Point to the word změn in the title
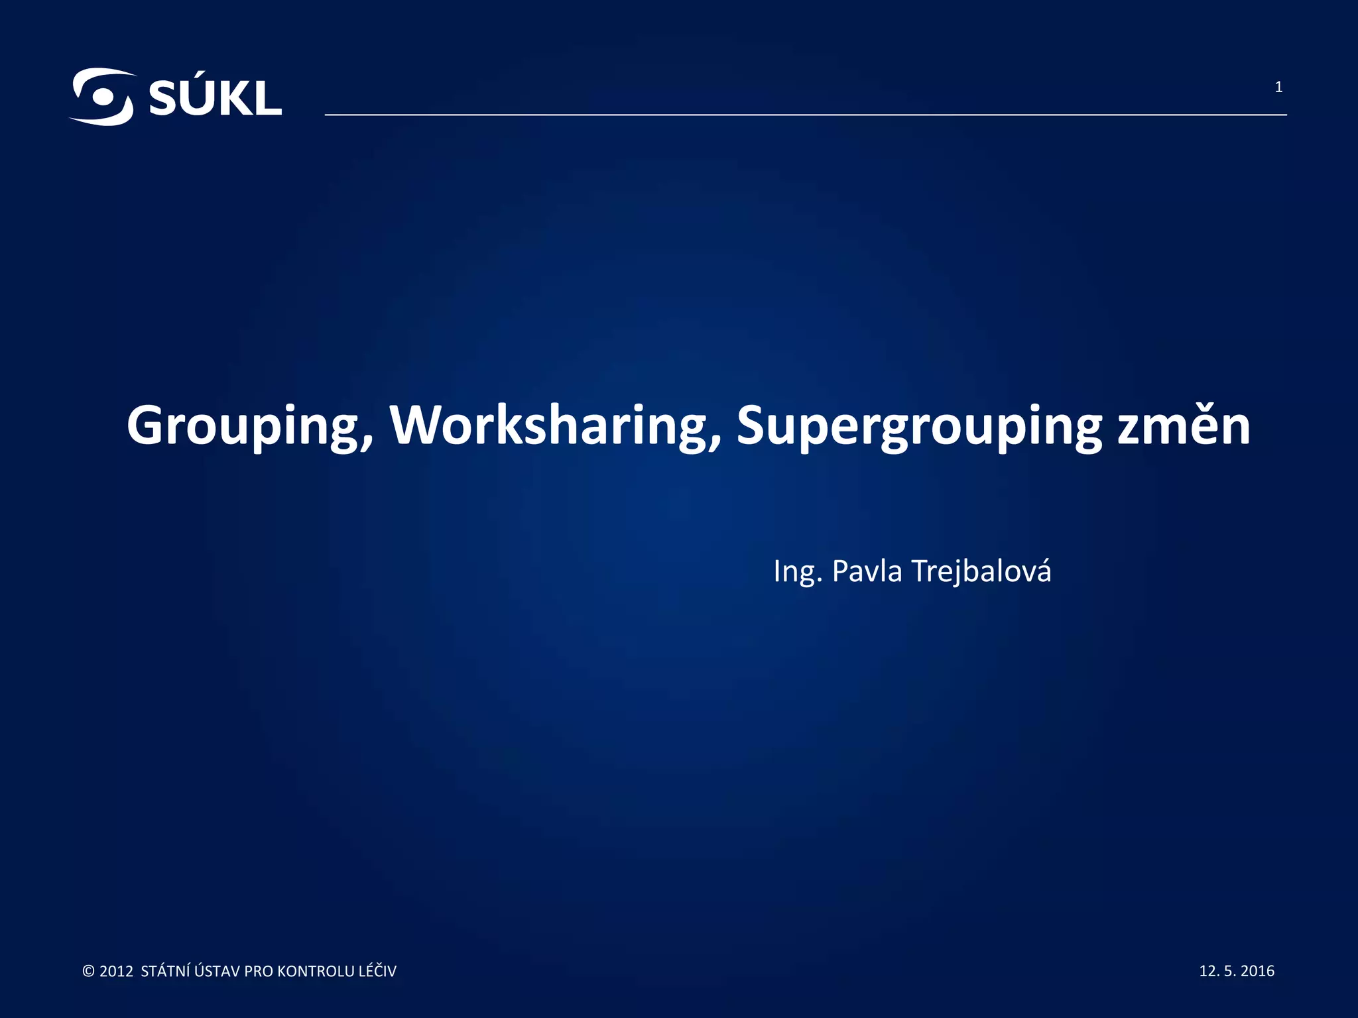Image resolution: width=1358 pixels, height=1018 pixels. coord(1184,425)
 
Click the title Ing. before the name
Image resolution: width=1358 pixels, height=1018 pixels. coord(798,571)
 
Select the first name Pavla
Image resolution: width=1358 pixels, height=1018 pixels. coord(867,571)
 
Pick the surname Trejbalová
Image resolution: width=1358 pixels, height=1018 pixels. coord(982,571)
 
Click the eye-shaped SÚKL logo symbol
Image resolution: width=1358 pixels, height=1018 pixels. coord(101,97)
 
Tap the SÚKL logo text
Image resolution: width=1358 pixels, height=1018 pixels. coord(215,99)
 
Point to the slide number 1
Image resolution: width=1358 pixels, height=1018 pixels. coord(1278,87)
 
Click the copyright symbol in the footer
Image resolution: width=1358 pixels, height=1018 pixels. coord(88,972)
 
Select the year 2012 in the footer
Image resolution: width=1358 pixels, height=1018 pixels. coord(116,972)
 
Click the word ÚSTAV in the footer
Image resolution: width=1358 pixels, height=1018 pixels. coord(218,972)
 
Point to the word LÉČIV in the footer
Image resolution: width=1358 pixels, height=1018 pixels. coord(377,972)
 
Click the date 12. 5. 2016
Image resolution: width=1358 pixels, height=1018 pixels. coord(1237,971)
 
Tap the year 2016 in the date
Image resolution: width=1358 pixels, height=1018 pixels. coord(1257,971)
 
